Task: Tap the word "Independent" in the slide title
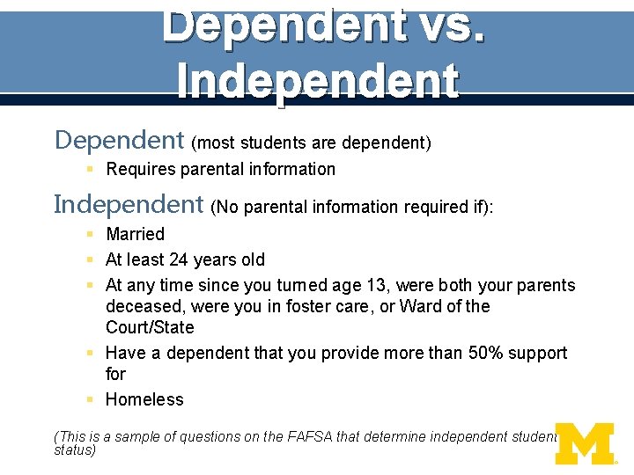pyautogui.click(x=317, y=81)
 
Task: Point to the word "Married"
pyautogui.click(x=135, y=234)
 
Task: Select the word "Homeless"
pyautogui.click(x=144, y=399)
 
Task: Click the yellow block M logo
pyautogui.click(x=584, y=443)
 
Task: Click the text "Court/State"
pyautogui.click(x=150, y=327)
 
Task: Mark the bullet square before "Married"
pyautogui.click(x=91, y=234)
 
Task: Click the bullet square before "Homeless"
pyautogui.click(x=91, y=399)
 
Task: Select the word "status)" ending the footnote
pyautogui.click(x=74, y=449)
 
